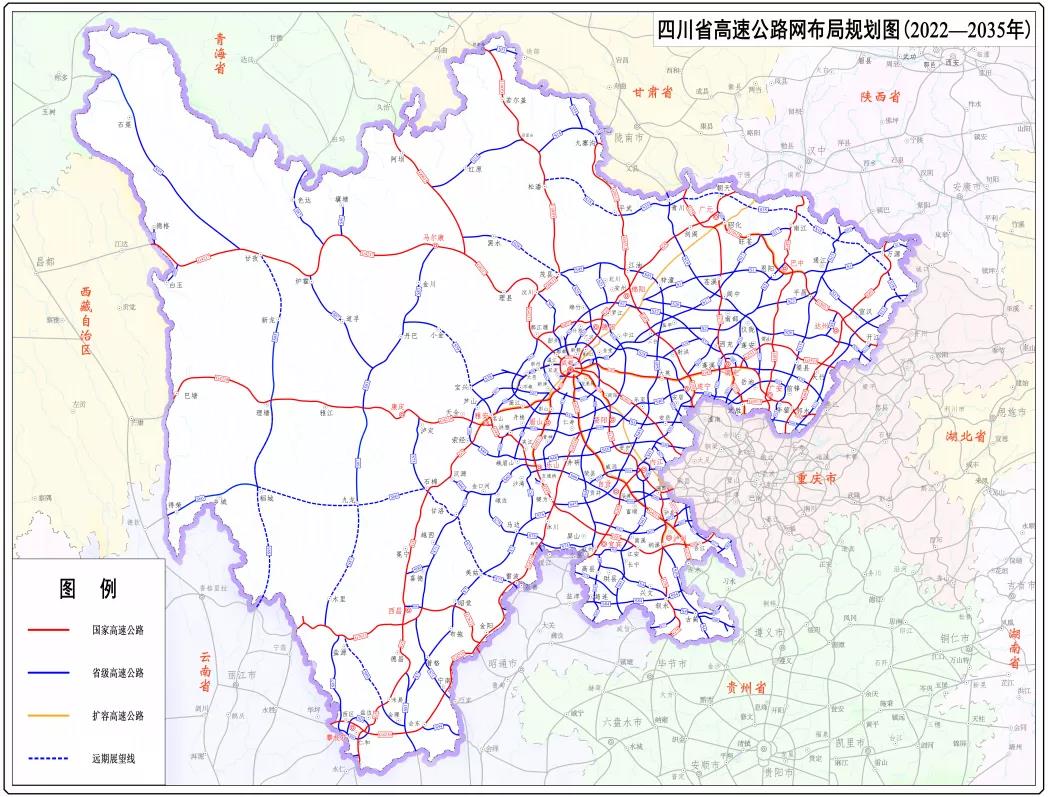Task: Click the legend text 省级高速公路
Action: (x=118, y=674)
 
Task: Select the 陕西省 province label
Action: (x=881, y=97)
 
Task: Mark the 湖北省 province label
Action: (x=966, y=437)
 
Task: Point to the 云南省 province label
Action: (x=204, y=672)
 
